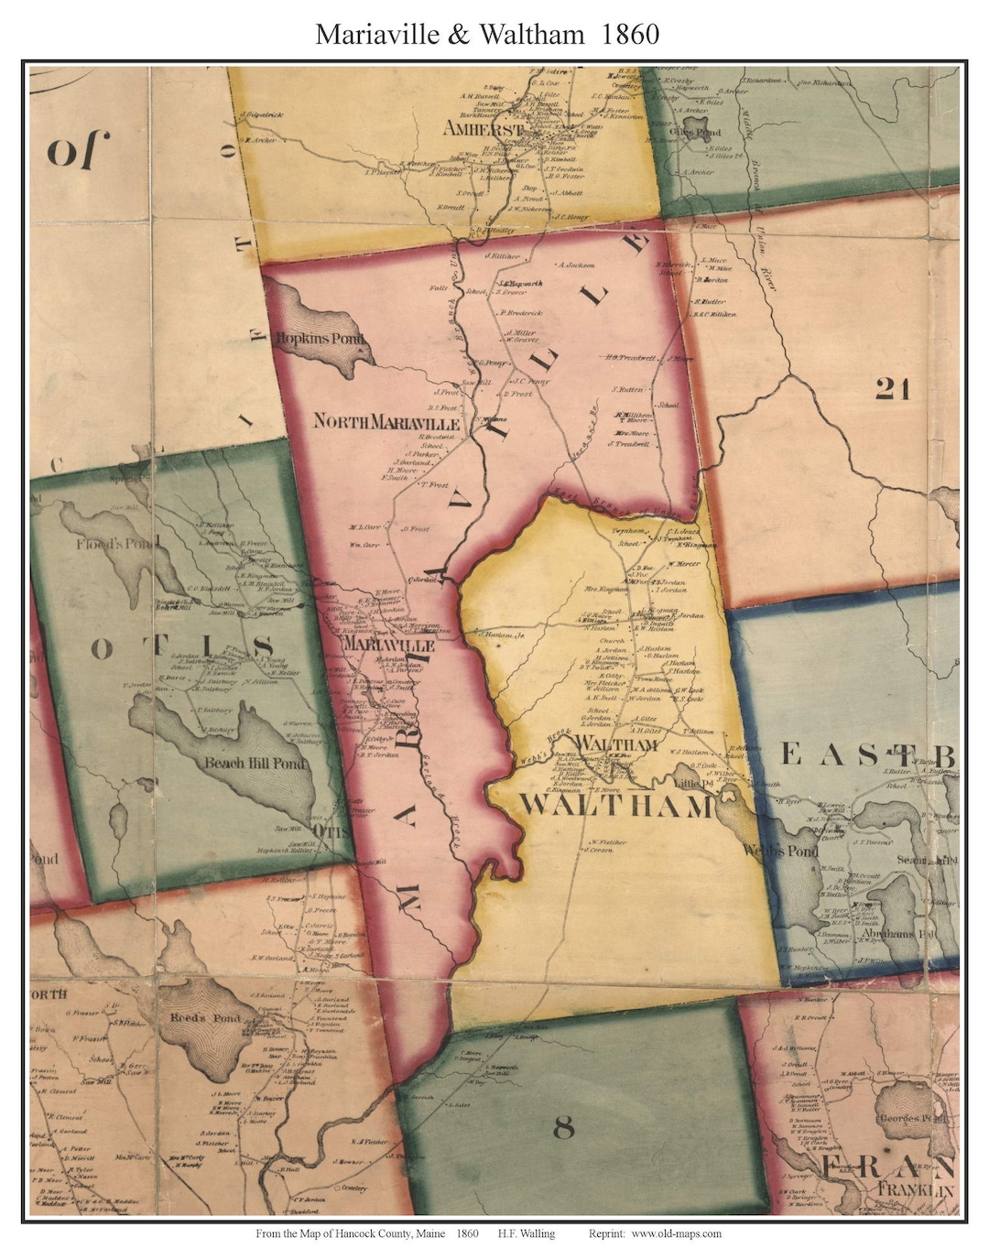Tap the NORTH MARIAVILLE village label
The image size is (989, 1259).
(x=386, y=422)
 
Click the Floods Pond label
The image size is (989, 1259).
(x=99, y=545)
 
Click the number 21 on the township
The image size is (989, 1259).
(x=892, y=389)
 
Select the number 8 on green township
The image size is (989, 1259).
(x=563, y=1128)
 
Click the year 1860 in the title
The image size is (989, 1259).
(x=631, y=34)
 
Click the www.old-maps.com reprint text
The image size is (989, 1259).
(x=676, y=1233)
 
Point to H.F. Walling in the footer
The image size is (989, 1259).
(x=527, y=1233)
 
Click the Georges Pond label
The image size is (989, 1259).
(x=921, y=1119)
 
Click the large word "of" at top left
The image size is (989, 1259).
(x=78, y=149)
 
